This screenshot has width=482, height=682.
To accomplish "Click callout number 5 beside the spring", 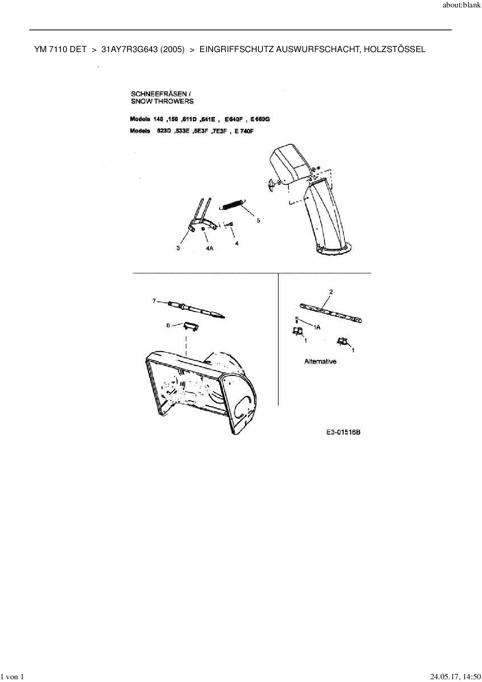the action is tap(258, 220).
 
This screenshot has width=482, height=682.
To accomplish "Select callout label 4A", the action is tap(210, 248).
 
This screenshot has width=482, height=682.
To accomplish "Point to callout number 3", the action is tap(178, 248).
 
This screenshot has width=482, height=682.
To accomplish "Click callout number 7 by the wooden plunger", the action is tap(154, 301).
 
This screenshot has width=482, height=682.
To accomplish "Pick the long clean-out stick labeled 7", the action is tap(196, 309).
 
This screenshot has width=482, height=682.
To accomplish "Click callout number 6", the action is tap(168, 325).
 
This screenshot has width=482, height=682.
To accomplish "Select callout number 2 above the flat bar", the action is tap(331, 292).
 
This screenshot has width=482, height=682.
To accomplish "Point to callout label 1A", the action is tap(317, 327).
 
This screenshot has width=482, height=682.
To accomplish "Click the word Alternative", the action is tap(320, 362).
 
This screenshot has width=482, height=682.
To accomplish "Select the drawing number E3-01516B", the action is tap(343, 432).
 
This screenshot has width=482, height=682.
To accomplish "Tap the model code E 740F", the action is tap(244, 131).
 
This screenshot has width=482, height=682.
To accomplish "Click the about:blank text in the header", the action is tap(461, 5).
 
